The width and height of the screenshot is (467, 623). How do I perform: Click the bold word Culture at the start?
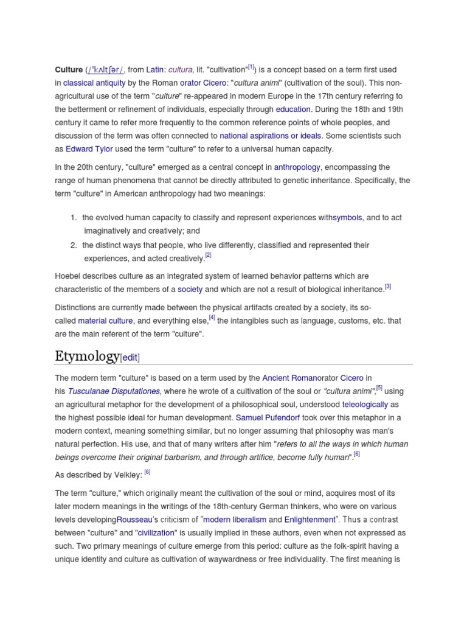[69, 70]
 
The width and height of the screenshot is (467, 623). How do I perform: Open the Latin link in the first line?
[155, 70]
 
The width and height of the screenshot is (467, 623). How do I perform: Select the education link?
[293, 110]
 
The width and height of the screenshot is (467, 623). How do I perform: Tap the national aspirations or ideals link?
[271, 136]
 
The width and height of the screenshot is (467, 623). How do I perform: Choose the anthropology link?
[297, 167]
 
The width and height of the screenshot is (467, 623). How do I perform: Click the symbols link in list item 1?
[347, 218]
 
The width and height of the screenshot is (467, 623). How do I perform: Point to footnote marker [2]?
[208, 256]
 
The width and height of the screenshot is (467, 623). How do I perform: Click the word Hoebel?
[68, 276]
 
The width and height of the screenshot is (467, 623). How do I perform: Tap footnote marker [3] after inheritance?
[387, 287]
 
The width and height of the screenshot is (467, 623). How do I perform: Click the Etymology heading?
[88, 357]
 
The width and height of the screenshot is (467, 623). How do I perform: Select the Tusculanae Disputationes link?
[114, 391]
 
